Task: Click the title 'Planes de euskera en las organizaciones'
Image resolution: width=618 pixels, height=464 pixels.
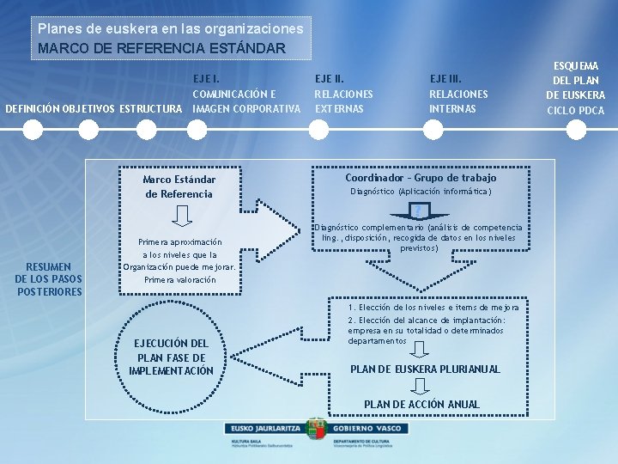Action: (170, 28)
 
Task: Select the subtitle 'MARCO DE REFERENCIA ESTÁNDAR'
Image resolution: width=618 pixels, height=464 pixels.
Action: (161, 47)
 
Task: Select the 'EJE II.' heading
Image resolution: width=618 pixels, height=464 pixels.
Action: (330, 78)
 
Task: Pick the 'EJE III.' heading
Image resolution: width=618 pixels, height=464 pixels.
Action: (446, 78)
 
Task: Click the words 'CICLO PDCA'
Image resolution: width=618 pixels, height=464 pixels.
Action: (575, 110)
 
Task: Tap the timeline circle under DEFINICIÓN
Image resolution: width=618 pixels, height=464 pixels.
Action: (33, 130)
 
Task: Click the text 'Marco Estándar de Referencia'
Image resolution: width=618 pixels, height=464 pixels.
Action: (179, 186)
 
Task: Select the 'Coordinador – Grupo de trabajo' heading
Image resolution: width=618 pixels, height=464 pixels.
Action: (421, 178)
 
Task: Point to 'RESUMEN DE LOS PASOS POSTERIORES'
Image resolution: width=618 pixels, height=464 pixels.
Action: (49, 278)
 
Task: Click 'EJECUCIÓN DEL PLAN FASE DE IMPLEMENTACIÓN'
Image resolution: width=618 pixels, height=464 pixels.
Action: (171, 357)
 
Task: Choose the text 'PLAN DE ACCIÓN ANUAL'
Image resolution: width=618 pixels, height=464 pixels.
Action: (422, 404)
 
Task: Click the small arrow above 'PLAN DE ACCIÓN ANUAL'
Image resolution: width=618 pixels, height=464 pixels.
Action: (420, 387)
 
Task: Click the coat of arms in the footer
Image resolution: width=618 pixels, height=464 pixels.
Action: (316, 430)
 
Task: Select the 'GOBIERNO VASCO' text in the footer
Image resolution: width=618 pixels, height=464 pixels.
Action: (361, 427)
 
